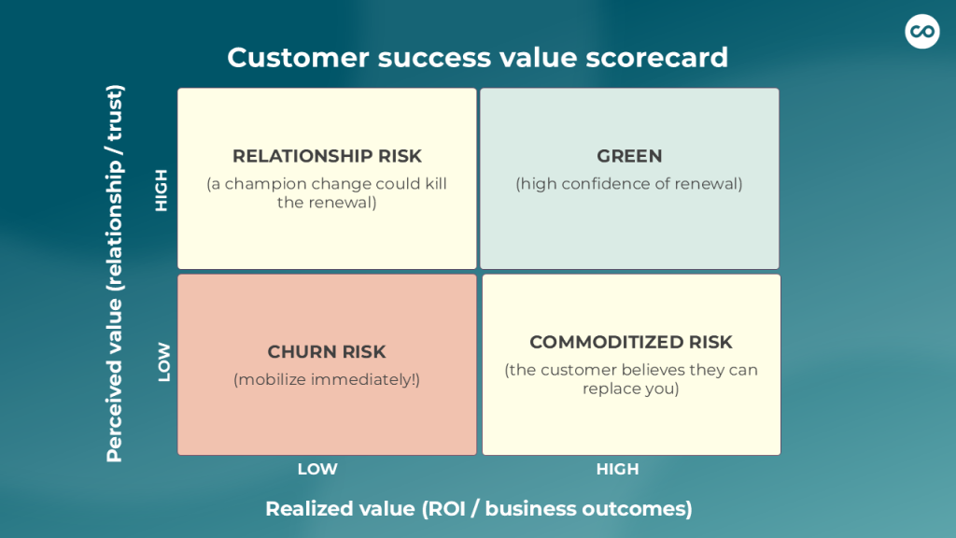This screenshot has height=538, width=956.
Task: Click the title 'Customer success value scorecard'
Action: point(477,58)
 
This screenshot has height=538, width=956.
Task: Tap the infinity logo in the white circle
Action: point(921,31)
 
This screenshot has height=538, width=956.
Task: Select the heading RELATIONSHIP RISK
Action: point(327,156)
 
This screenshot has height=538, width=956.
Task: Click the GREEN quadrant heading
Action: point(629,156)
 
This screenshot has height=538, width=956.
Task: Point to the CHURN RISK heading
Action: point(327,352)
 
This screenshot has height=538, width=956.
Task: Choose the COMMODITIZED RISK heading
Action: point(631,342)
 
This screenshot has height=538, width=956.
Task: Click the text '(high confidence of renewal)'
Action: point(629,184)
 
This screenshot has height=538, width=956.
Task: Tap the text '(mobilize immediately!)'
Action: point(327,380)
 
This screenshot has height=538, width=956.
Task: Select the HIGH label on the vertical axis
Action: point(162,191)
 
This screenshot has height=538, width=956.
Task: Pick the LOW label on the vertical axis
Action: point(164,362)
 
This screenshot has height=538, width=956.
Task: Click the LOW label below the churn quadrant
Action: point(317,469)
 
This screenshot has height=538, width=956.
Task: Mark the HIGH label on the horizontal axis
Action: point(618,469)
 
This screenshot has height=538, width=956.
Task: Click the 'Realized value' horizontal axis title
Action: point(479,509)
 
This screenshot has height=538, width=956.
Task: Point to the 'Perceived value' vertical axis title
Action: point(115,274)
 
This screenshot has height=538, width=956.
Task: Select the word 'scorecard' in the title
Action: point(656,58)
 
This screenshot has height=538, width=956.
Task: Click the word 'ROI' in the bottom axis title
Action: point(447,509)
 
